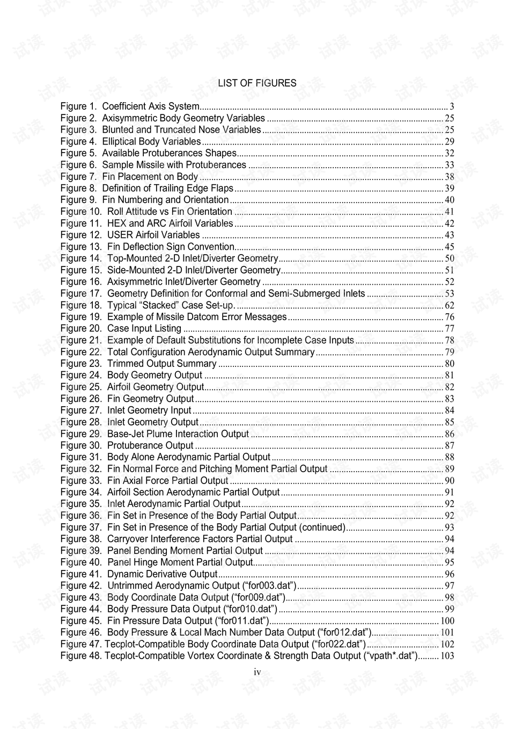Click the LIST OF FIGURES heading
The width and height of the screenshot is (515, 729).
pos(257,83)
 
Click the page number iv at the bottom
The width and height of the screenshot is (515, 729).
pos(257,672)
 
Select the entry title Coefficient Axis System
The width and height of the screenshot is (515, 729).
pos(151,106)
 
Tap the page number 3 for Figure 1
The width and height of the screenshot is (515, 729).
pos(452,106)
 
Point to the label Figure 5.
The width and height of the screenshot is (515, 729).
pos(78,153)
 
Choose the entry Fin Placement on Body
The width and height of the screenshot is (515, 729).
pos(150,177)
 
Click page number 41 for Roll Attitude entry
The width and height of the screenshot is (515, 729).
pos(450,212)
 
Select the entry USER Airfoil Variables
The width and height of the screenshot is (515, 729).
pos(153,235)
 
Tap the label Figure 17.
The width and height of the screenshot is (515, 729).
pos(80,293)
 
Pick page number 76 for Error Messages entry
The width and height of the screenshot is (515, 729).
pos(450,317)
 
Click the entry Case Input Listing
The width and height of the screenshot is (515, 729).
pos(144,328)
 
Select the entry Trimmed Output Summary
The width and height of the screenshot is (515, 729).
pos(161,364)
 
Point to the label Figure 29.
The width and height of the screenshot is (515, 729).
pos(80,434)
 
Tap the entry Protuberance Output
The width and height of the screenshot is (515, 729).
pos(150,445)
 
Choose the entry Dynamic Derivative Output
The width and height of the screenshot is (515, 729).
pos(162,574)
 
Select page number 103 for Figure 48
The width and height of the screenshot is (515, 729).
pos(447,655)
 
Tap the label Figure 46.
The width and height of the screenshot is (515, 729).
pos(80,632)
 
